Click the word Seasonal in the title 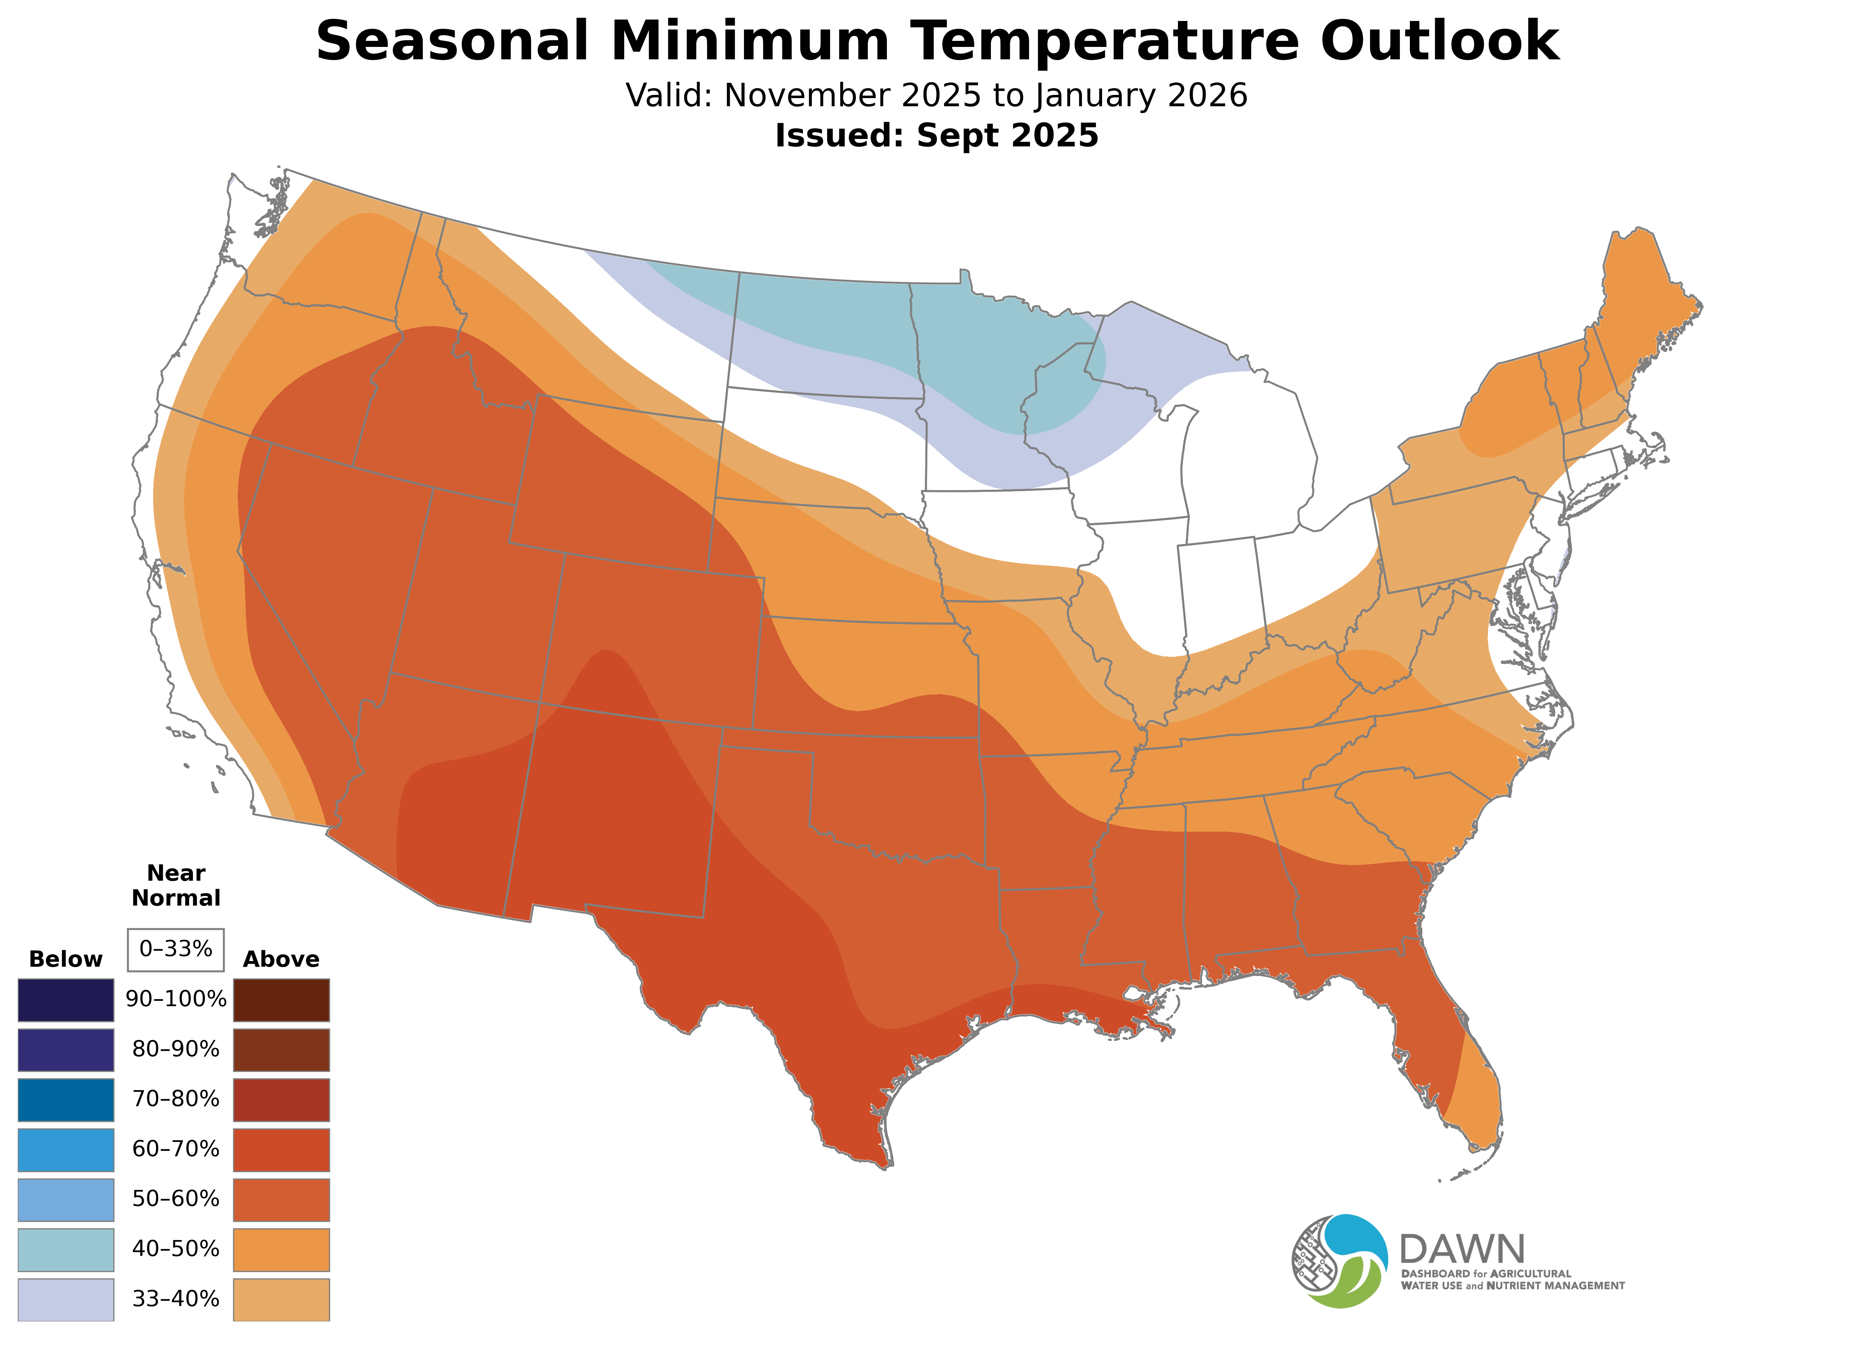(x=452, y=41)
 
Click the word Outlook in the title (x=1439, y=41)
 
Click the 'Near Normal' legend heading (x=176, y=885)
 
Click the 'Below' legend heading (x=65, y=960)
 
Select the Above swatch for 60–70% (x=281, y=1149)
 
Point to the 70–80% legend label (x=176, y=1099)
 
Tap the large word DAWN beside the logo (x=1462, y=1250)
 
